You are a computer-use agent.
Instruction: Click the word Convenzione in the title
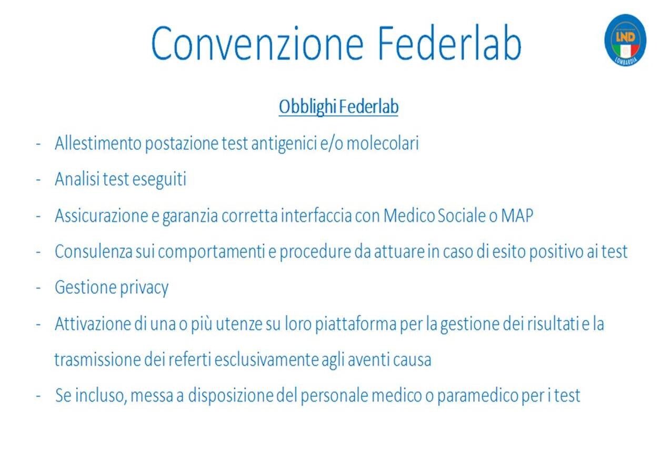tap(257, 44)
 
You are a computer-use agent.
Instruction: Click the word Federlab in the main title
tap(449, 44)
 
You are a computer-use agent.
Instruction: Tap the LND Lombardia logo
tap(625, 40)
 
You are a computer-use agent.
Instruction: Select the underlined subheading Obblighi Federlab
tap(338, 107)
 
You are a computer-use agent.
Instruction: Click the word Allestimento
tap(98, 143)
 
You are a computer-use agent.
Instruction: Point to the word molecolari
tap(383, 143)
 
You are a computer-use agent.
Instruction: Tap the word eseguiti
tap(159, 180)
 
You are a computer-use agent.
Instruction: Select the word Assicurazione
tap(101, 215)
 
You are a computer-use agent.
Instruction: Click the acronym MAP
tap(517, 215)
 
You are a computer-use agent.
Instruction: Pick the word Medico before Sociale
tap(409, 215)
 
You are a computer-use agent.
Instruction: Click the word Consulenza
tap(94, 251)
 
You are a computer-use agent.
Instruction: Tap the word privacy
tap(144, 289)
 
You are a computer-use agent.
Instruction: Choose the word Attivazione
tap(93, 324)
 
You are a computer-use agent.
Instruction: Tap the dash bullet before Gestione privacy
tap(38, 288)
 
